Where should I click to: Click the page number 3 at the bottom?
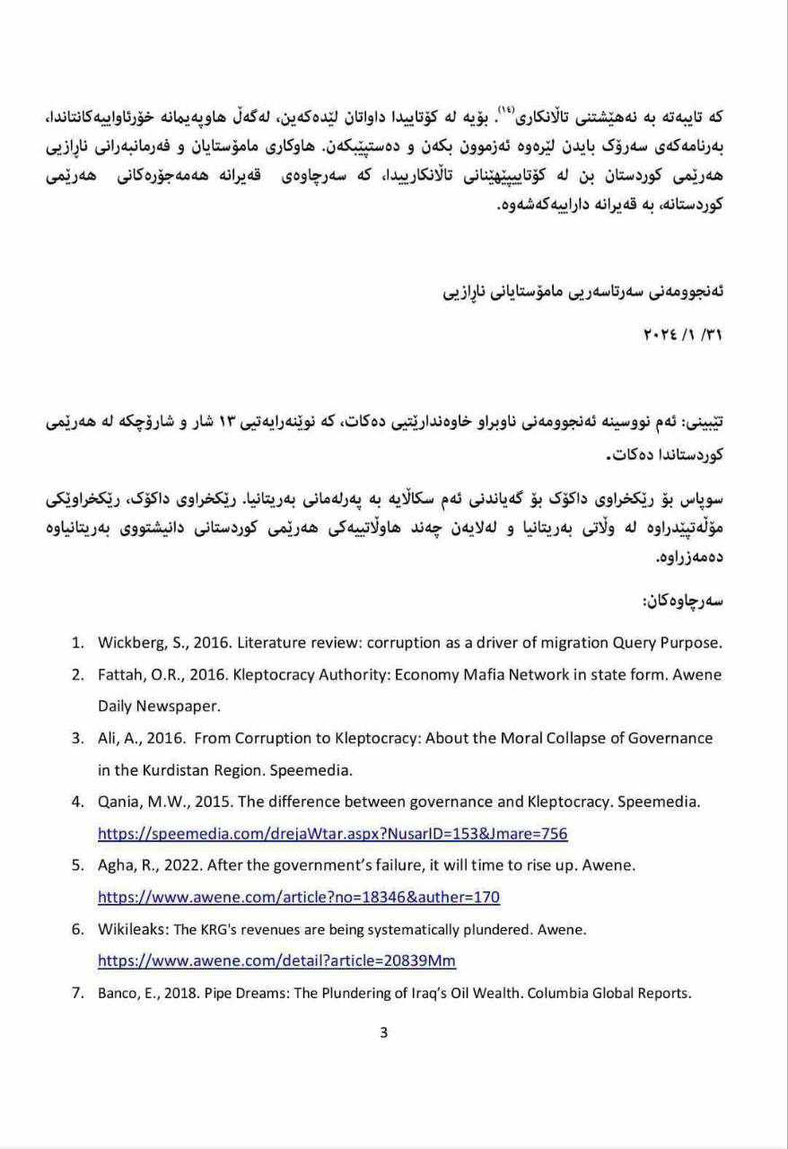coord(384,1032)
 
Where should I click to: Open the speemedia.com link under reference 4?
coord(332,833)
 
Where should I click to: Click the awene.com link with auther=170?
coord(298,896)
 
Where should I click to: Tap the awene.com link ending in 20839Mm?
coord(276,960)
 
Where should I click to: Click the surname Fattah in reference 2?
coord(120,674)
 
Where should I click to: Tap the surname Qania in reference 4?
coord(119,802)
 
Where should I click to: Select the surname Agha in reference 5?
coord(117,865)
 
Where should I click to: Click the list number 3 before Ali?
coord(77,738)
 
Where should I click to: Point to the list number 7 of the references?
coord(77,993)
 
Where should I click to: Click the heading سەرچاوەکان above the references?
coord(683,601)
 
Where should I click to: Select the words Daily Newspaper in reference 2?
coord(159,706)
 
